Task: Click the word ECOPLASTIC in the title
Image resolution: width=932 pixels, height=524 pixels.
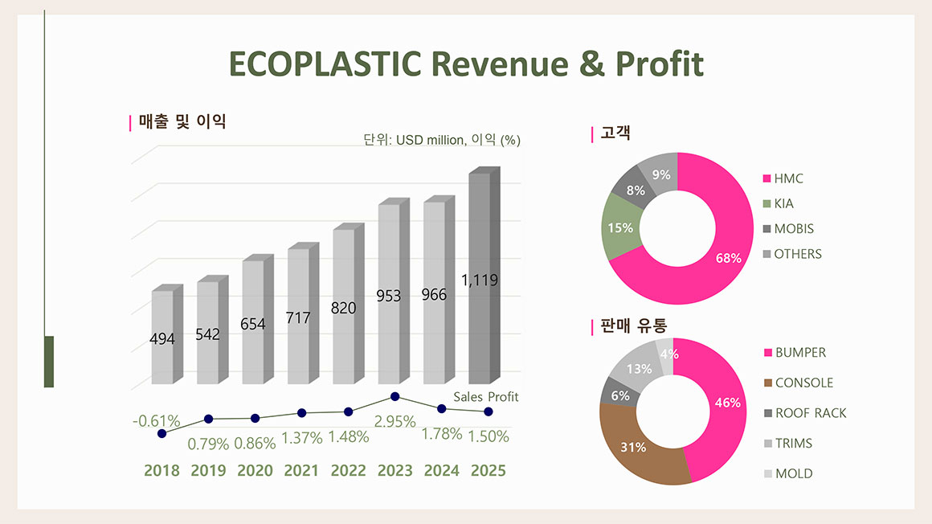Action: point(324,63)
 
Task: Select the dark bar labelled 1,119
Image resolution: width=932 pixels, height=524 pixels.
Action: point(480,321)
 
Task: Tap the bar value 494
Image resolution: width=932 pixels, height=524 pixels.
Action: point(162,339)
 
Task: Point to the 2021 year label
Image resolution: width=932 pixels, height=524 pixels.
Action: point(301,470)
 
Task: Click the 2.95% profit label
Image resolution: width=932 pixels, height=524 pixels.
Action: point(395,421)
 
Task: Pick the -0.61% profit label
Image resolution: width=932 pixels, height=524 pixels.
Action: point(156,420)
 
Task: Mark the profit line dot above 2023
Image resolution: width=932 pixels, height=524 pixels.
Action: point(394,396)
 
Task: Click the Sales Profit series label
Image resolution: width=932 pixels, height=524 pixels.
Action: point(486,397)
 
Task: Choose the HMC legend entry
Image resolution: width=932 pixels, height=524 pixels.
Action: point(788,178)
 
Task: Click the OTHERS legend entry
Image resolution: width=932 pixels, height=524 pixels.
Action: point(798,254)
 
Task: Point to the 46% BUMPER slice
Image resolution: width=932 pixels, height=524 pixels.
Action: point(723,402)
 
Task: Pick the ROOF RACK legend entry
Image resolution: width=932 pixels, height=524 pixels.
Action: point(810,413)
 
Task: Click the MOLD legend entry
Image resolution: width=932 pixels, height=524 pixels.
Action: point(793,473)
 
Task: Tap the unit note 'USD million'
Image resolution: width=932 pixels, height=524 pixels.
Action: point(428,140)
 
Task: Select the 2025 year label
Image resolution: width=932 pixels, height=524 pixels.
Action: point(488,470)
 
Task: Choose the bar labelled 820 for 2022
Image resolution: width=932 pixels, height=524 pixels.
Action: point(344,321)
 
